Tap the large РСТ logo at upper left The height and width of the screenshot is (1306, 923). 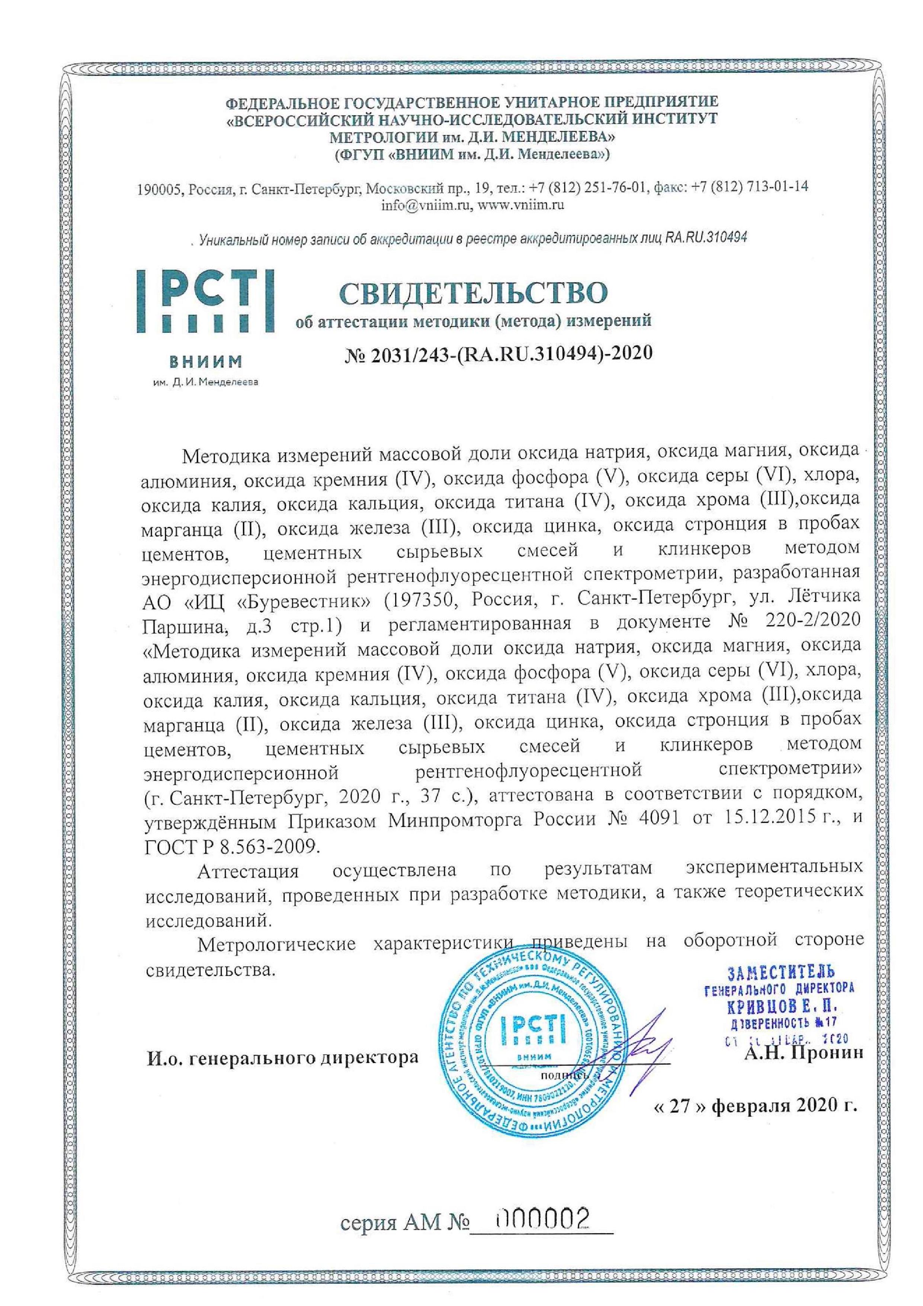point(205,302)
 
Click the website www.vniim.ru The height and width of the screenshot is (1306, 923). point(520,206)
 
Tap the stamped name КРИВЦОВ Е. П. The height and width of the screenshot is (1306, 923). point(783,1007)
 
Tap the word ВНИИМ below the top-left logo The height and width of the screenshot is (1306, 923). point(205,361)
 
